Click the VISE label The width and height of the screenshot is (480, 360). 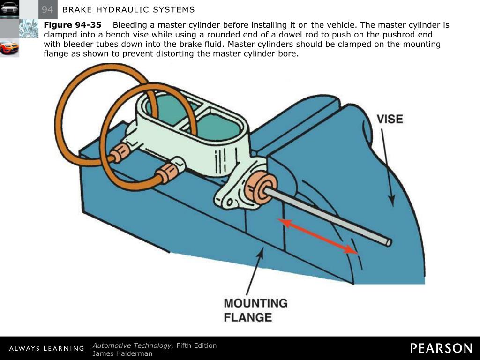coord(390,119)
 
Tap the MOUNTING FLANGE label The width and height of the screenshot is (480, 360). coord(255,310)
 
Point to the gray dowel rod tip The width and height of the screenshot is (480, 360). coord(388,242)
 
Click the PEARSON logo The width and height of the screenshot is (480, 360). coord(441,348)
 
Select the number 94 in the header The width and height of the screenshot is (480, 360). coord(47,9)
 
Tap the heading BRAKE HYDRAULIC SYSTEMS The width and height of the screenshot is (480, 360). coord(128,10)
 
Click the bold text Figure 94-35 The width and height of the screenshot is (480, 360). coord(72,25)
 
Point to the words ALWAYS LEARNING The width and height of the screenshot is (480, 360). coord(46,348)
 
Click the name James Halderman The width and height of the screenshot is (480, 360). coord(122,353)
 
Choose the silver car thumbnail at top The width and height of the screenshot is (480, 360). coord(9,8)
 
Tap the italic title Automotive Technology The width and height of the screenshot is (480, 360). coord(133,345)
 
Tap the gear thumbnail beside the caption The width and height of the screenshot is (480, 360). coord(29,28)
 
